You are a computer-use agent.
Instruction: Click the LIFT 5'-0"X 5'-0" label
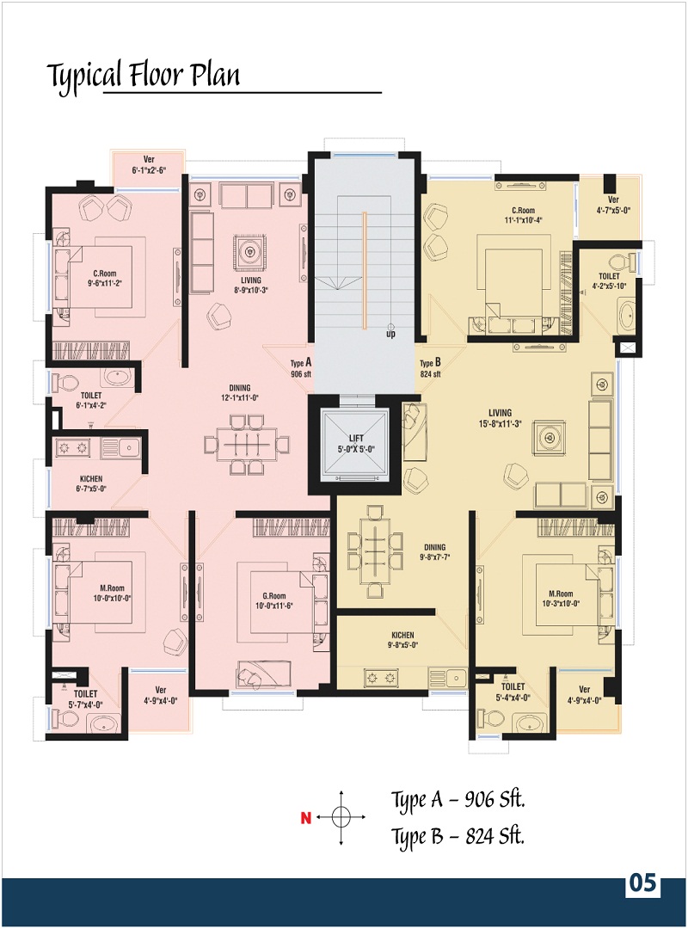click(x=356, y=443)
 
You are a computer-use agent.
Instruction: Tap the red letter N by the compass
click(x=306, y=818)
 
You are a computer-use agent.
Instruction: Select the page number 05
click(x=643, y=883)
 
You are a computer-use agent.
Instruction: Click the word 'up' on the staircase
click(x=390, y=334)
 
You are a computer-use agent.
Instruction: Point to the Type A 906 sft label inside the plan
click(x=301, y=368)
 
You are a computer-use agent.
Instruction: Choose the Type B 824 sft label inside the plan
click(x=430, y=368)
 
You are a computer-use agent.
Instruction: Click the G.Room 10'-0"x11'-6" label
click(x=274, y=600)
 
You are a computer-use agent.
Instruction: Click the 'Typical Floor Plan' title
click(x=144, y=76)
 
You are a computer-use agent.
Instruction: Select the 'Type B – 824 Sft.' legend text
click(x=458, y=837)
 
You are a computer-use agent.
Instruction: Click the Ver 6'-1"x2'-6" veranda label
click(x=149, y=164)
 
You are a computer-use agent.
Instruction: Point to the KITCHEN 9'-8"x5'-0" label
click(x=403, y=640)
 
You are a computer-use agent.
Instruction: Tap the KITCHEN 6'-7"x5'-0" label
click(x=91, y=483)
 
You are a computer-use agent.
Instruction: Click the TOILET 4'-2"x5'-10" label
click(x=609, y=280)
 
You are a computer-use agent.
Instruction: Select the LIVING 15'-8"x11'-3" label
click(x=501, y=418)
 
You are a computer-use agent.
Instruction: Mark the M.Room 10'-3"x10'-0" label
click(x=561, y=599)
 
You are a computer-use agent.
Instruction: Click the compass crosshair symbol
click(x=341, y=818)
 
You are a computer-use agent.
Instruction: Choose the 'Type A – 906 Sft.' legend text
click(x=458, y=800)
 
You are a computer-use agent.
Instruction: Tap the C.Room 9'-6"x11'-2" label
click(x=105, y=279)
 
